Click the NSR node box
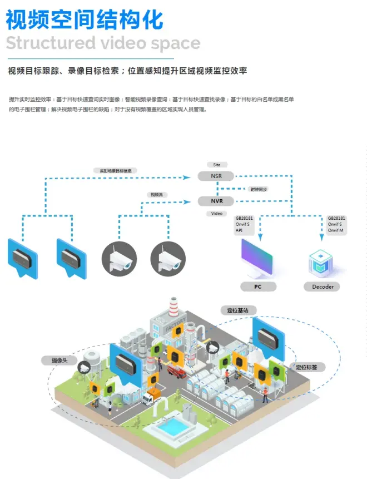click(x=216, y=176)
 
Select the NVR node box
click(x=216, y=201)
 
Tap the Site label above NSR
click(x=216, y=165)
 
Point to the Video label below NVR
click(x=216, y=213)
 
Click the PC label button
click(x=257, y=287)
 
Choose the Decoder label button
click(x=322, y=287)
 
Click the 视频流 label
click(x=156, y=195)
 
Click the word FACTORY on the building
click(x=173, y=328)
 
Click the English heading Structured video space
click(x=103, y=43)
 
